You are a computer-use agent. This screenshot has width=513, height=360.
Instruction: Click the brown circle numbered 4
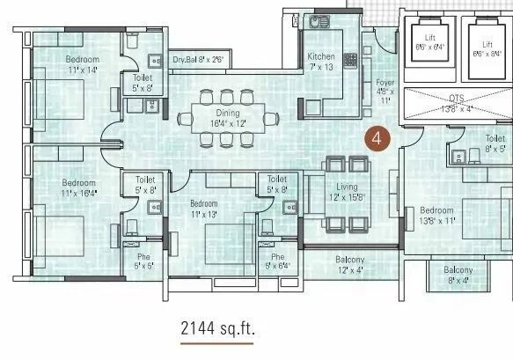coord(377,138)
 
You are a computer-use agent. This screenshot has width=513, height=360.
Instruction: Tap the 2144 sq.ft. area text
coord(216,329)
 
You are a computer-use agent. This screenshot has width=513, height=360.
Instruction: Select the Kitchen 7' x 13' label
coord(320,62)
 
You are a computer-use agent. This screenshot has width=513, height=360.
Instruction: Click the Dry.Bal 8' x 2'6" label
coord(199,60)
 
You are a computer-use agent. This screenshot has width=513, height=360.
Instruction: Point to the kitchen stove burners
coord(350,62)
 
